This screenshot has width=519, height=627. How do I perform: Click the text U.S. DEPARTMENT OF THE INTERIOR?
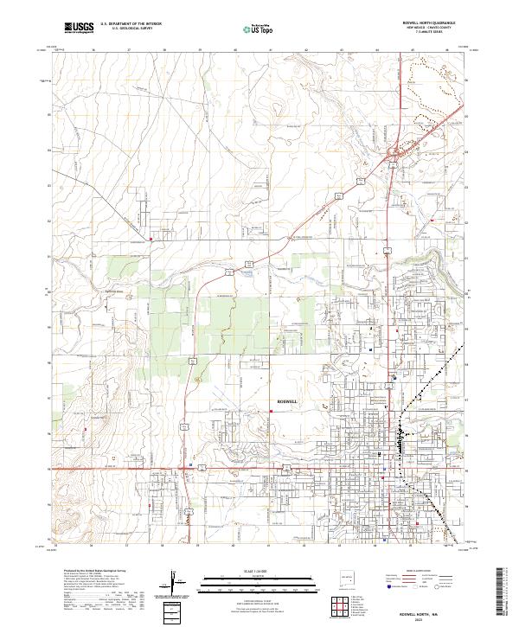click(131, 25)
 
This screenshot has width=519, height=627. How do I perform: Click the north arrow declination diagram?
click(173, 579)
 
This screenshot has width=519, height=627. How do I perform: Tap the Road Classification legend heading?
click(413, 573)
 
